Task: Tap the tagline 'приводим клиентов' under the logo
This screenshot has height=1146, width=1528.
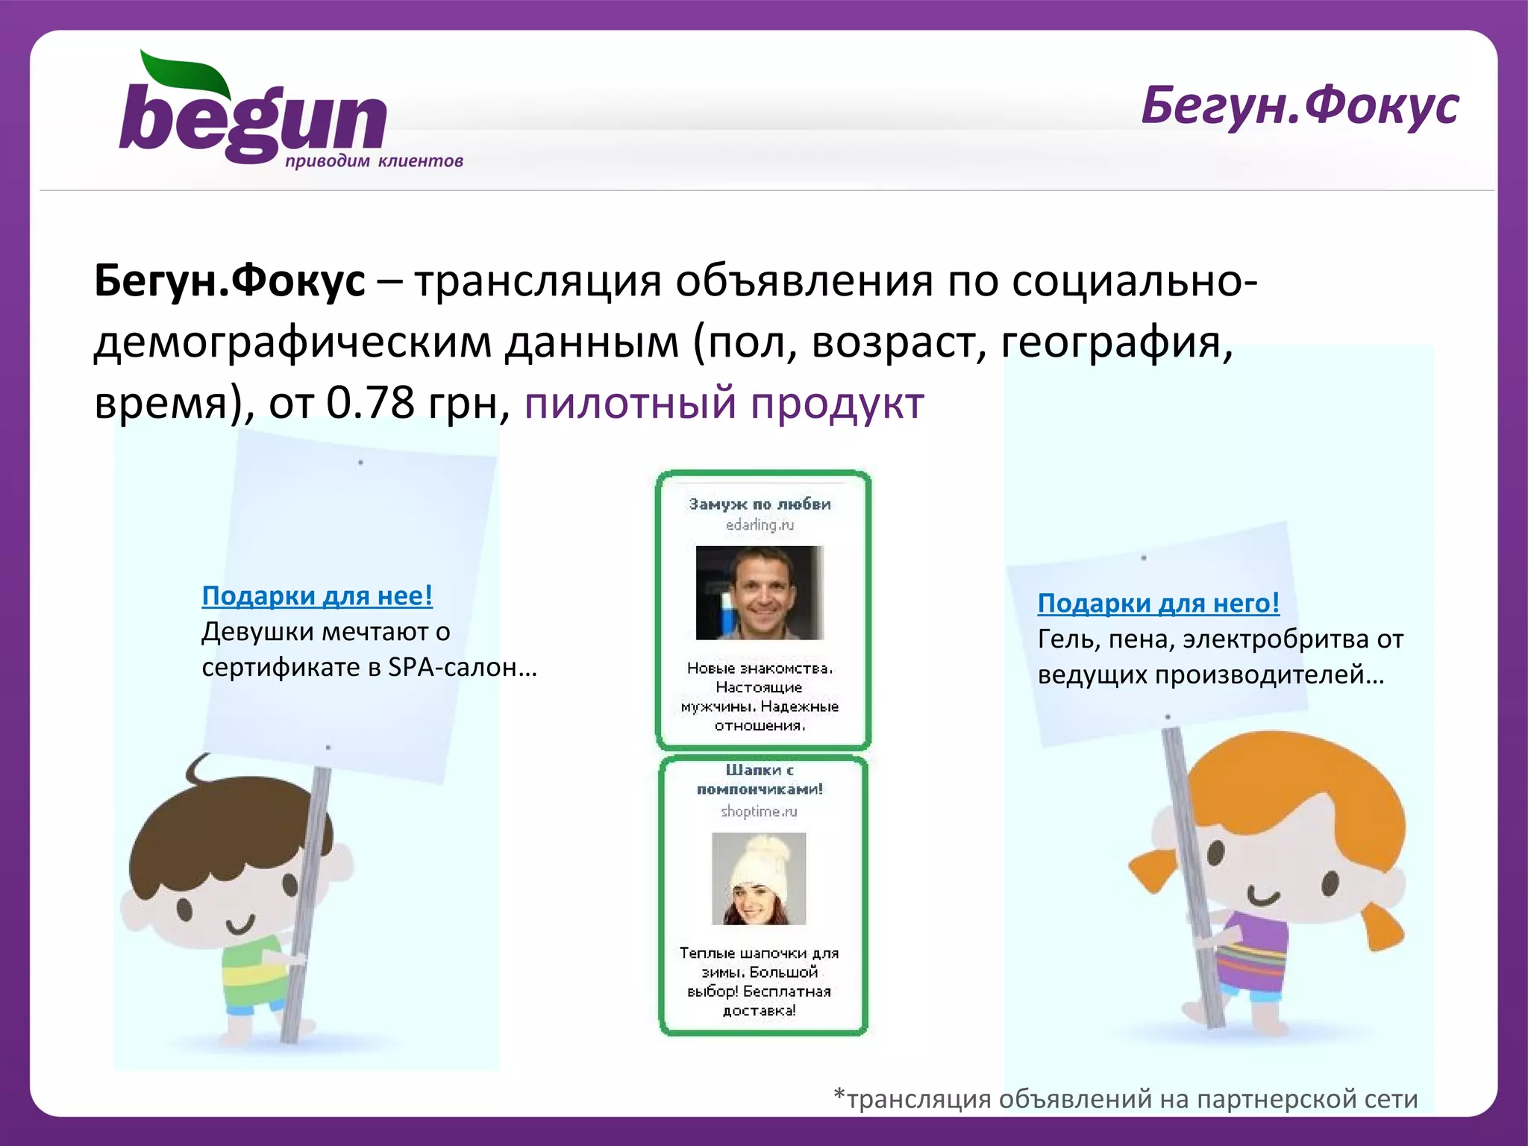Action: tap(374, 161)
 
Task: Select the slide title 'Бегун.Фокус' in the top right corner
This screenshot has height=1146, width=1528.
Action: tap(1299, 106)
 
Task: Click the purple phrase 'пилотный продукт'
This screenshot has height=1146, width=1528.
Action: tap(724, 404)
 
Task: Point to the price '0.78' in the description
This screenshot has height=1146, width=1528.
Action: tap(370, 404)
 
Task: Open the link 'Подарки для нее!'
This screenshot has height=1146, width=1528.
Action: tap(317, 596)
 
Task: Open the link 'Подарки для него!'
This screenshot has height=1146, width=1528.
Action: tap(1158, 603)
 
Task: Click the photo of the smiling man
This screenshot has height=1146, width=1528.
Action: tap(760, 593)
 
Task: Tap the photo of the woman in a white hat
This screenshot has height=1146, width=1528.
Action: tap(759, 878)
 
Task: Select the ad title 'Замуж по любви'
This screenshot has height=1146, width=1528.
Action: tap(760, 504)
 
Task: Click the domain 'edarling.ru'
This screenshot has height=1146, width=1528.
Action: tap(760, 525)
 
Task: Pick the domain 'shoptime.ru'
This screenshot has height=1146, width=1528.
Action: tap(759, 812)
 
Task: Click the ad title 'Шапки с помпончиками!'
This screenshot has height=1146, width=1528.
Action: tap(760, 780)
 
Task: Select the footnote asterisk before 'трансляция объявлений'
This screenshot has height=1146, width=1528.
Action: tap(839, 1095)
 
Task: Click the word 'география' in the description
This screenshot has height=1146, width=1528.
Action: tap(1115, 343)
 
